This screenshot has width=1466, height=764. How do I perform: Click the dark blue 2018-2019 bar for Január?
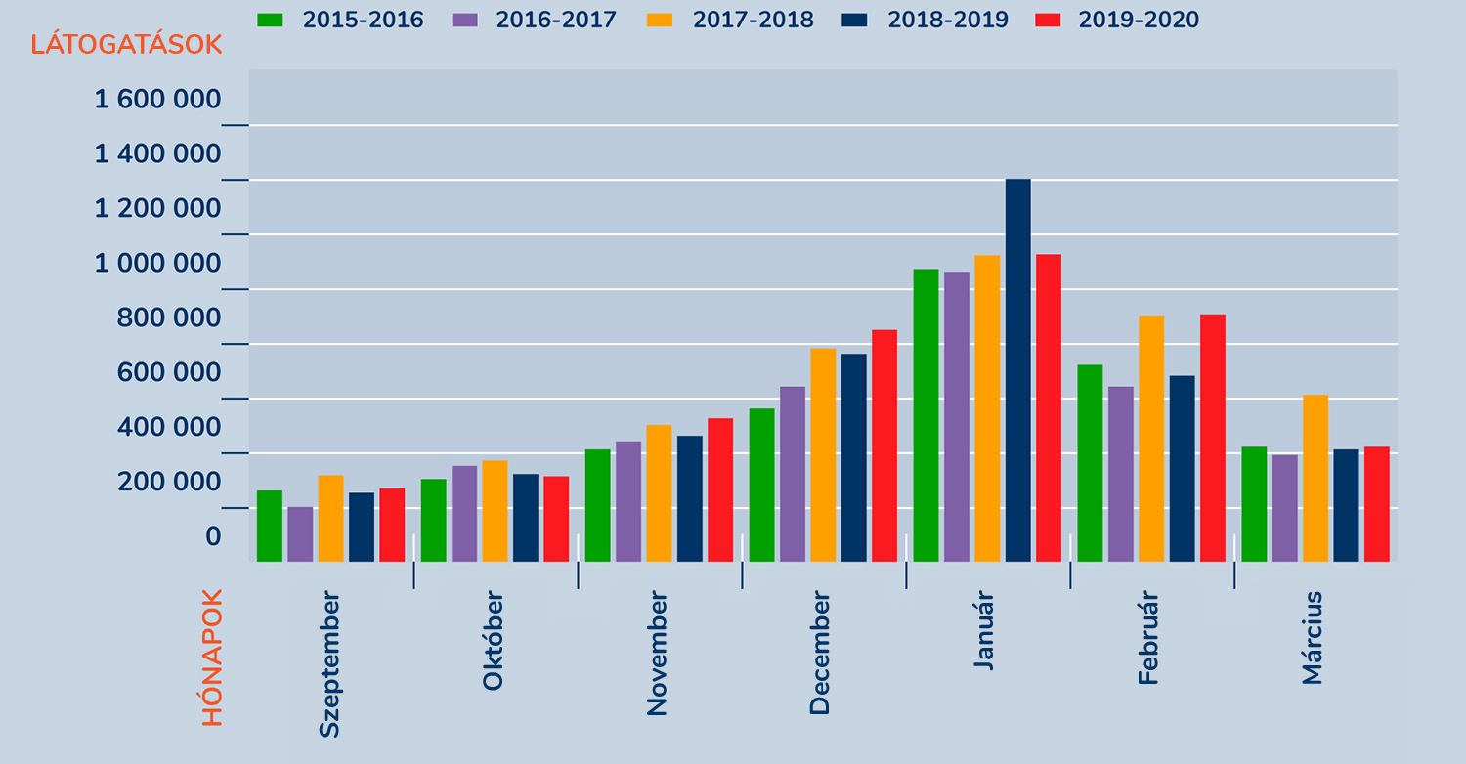point(1017,370)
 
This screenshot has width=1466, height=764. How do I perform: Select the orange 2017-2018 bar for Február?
point(1151,439)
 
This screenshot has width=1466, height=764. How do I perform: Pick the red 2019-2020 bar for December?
point(884,446)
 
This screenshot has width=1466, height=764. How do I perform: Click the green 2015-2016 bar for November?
point(597,505)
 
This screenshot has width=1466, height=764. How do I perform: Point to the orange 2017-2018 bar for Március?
point(1315,478)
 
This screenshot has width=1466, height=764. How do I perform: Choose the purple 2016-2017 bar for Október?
point(464,513)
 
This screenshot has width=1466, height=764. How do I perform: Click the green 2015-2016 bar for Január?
point(926,415)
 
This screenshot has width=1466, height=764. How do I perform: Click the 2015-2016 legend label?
point(363,21)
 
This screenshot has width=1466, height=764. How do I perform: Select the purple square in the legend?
point(463,20)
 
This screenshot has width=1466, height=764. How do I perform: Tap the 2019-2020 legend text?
point(1139,21)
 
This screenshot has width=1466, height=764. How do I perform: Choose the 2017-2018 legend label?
point(753,21)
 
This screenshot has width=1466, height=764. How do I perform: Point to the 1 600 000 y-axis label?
point(157,100)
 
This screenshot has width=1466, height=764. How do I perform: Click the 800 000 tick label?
point(169,318)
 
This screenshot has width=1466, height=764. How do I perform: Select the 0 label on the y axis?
point(212,537)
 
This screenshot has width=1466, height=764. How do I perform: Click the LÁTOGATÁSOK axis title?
point(126,45)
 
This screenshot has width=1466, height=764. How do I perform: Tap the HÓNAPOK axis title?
point(213,657)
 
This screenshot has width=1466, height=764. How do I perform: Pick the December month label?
point(820,653)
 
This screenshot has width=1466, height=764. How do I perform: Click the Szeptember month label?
point(329,663)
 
